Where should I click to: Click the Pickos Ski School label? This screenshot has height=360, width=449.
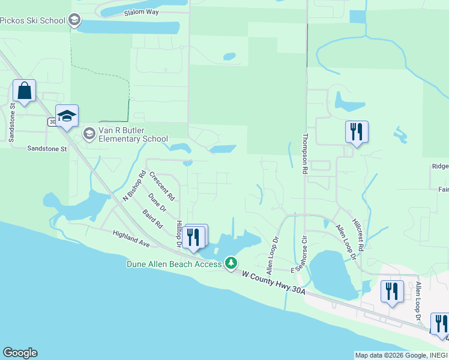click(32, 21)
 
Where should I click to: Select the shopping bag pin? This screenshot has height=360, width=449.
click(24, 91)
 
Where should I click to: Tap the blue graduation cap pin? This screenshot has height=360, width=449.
click(67, 116)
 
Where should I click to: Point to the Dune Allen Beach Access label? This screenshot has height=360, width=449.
click(173, 263)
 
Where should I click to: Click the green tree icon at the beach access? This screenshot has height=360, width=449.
click(231, 263)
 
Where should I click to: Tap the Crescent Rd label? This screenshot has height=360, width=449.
click(162, 186)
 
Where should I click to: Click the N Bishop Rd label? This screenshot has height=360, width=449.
click(134, 187)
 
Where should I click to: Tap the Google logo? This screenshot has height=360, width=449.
click(20, 353)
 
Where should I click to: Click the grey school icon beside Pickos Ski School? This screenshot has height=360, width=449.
click(75, 21)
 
